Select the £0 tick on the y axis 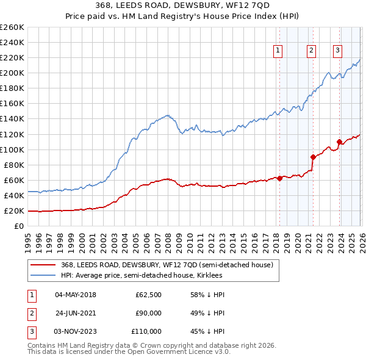coord(20,226)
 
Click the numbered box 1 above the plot coord(278,51)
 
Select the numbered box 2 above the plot coord(311,51)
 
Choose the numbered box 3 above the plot coord(337,51)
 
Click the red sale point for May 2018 coord(279,178)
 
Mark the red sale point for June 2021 coord(313,157)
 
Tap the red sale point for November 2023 coord(339,142)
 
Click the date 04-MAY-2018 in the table coord(76,295)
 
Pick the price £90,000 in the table coord(148,313)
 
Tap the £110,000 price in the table coord(146,331)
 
